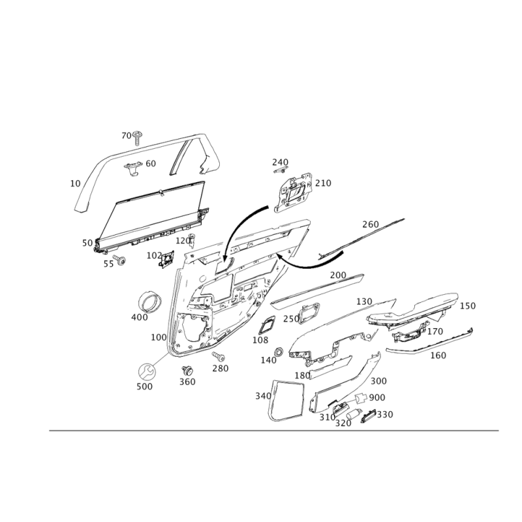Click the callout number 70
(x=127, y=135)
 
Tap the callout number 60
(x=150, y=163)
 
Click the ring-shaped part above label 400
(x=151, y=301)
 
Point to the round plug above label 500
(x=145, y=372)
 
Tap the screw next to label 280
(x=220, y=356)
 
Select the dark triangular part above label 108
(x=266, y=326)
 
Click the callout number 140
(x=268, y=360)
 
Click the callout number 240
(x=280, y=161)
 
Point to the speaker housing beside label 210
(x=295, y=191)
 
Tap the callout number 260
(x=370, y=224)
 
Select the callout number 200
(x=337, y=275)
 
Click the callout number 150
(x=467, y=305)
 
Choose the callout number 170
(x=435, y=331)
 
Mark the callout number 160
(x=438, y=356)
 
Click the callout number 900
(x=375, y=397)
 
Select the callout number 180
(x=301, y=376)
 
